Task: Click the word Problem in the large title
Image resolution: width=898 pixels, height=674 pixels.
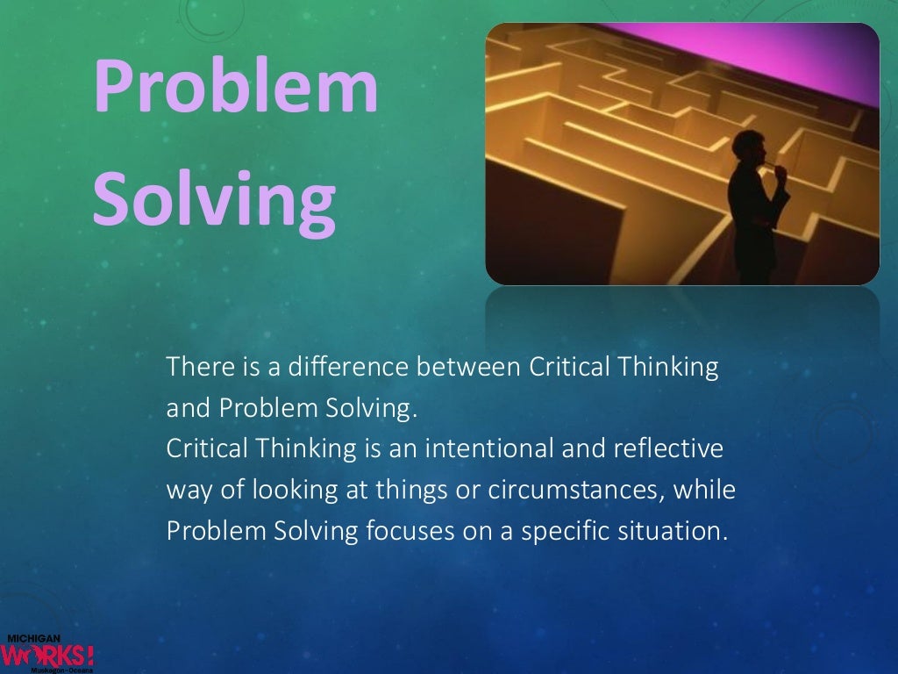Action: pyautogui.click(x=236, y=90)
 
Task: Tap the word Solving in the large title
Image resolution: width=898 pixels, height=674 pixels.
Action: pyautogui.click(x=214, y=196)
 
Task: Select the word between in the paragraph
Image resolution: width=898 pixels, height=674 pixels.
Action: pyautogui.click(x=469, y=367)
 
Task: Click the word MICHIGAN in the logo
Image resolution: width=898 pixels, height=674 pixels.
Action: pyautogui.click(x=32, y=639)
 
